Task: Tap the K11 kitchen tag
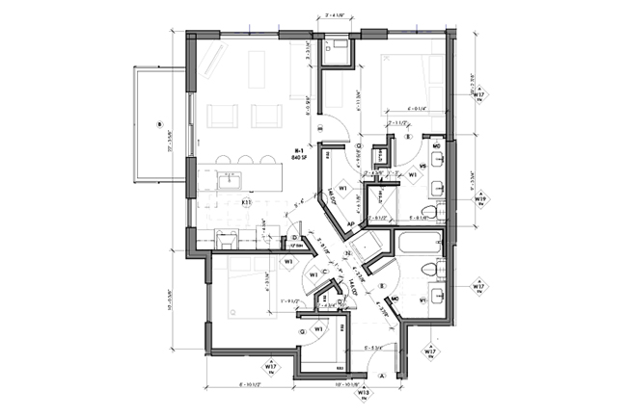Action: coord(246,203)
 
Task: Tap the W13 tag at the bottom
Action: coord(363,393)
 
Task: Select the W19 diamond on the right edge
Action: coord(479,200)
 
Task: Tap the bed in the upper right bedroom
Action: coord(413,77)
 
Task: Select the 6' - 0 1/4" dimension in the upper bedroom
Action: coord(405,108)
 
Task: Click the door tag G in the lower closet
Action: coord(303,330)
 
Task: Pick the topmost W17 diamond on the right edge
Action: coord(479,95)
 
